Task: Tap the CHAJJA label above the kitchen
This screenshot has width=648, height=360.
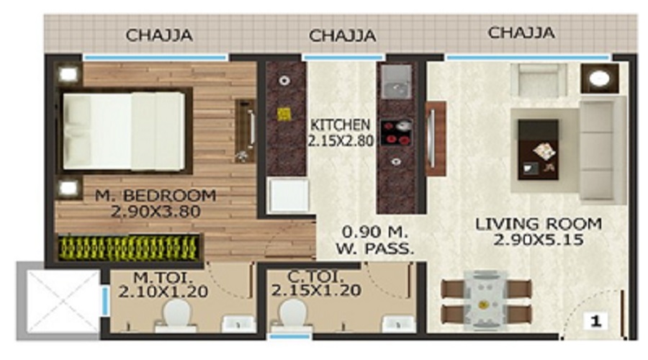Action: pos(342,35)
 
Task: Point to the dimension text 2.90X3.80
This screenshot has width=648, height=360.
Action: pos(157,212)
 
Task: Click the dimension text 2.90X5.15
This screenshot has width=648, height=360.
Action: pos(528,240)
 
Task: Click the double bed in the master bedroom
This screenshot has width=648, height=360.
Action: pos(124,131)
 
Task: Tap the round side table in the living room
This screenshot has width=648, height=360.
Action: pos(599,78)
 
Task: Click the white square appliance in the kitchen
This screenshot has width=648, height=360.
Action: pos(287,195)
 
